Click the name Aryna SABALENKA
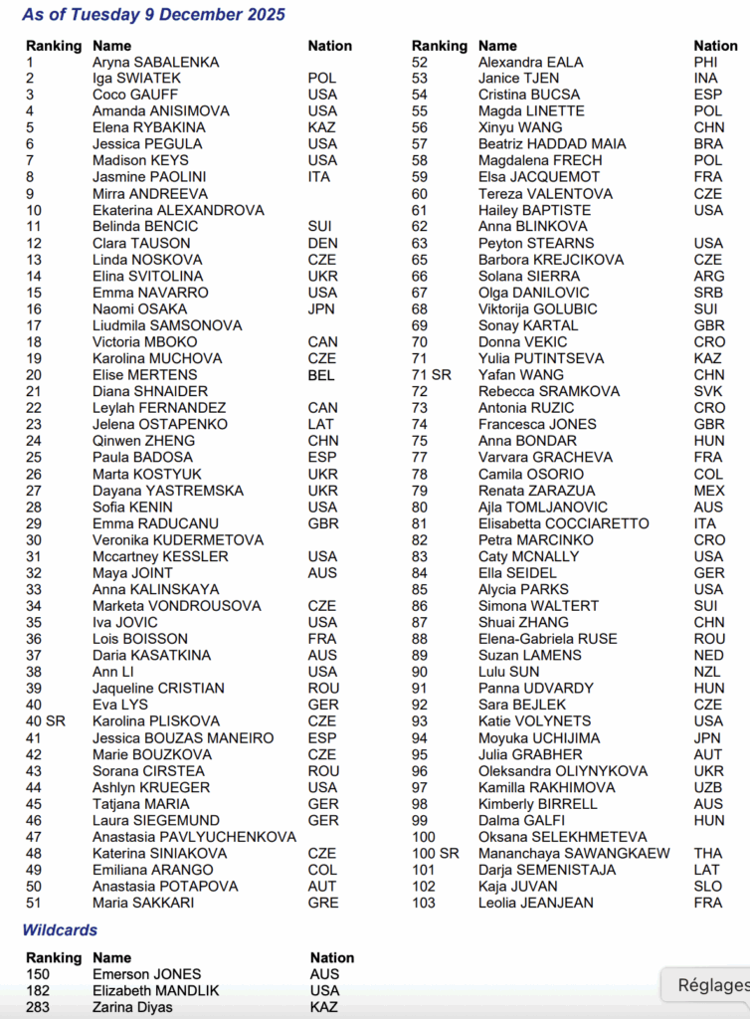coord(156,62)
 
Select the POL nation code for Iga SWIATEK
coord(322,78)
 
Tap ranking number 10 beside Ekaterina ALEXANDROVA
coord(34,210)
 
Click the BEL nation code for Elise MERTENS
coord(321,375)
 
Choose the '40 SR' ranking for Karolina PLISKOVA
coord(46,720)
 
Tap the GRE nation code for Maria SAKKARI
coord(323,903)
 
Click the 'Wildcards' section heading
coord(60,929)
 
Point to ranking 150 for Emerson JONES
coord(38,974)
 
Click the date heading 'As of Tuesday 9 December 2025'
coord(153,15)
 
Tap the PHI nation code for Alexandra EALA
coord(706,62)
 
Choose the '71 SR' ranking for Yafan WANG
coord(432,375)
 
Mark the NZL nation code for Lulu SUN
coord(708,672)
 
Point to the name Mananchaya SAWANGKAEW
coord(574,853)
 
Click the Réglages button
coord(712,985)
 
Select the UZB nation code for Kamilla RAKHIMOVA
coord(708,787)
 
